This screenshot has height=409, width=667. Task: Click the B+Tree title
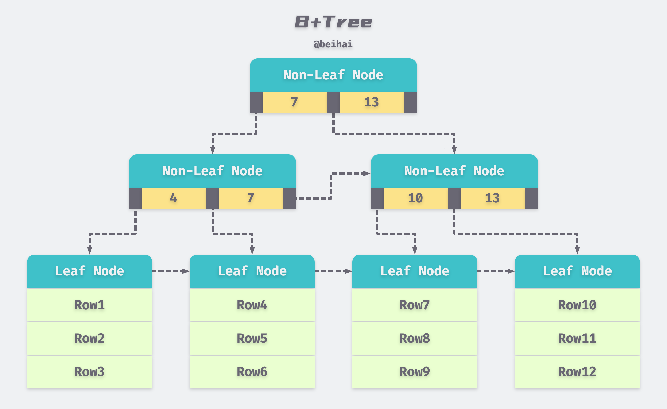click(333, 22)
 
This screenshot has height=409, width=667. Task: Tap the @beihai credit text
click(333, 44)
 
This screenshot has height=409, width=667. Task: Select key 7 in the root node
click(294, 102)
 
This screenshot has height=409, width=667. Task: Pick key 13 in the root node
click(372, 102)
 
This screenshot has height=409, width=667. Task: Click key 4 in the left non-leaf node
click(174, 198)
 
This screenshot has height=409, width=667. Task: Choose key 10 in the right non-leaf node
click(416, 198)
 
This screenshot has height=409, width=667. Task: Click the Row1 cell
click(90, 305)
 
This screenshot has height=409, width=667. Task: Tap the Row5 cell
click(252, 339)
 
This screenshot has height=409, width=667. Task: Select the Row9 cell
click(415, 372)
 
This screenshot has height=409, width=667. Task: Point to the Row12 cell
click(577, 372)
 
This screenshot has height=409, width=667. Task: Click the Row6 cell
click(252, 372)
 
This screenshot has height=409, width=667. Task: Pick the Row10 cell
click(577, 305)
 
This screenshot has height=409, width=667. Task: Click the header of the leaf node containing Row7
click(415, 271)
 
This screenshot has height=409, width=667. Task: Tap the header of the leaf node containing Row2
click(90, 271)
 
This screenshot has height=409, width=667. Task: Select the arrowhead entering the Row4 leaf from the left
click(186, 271)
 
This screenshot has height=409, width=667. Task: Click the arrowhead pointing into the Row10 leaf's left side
click(511, 271)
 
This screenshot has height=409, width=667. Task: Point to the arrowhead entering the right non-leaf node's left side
click(367, 173)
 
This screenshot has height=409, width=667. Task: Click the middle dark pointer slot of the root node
click(333, 102)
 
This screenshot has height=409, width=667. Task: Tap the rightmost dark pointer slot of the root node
click(410, 102)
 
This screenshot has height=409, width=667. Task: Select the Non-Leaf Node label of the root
click(333, 75)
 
